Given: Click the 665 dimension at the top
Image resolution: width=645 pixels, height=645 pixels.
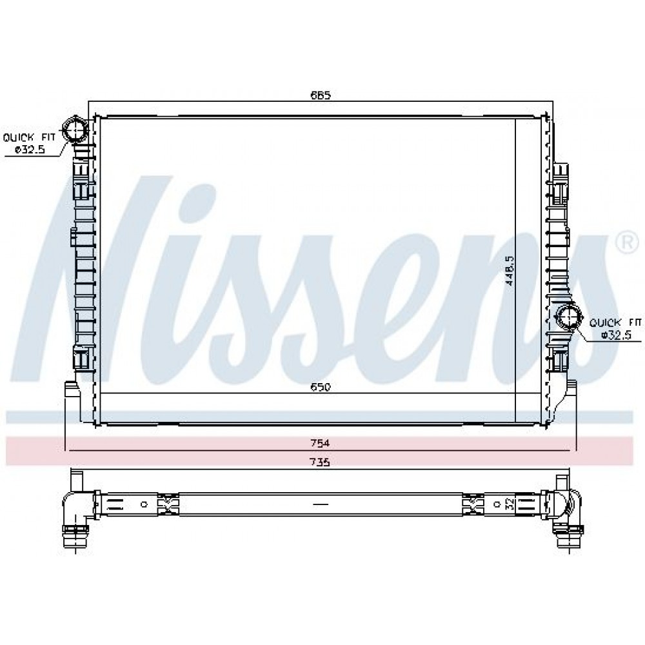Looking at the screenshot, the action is (321, 95).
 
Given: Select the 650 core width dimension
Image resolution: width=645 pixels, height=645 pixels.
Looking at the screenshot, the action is (321, 386).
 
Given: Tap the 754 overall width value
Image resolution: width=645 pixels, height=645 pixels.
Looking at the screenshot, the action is (320, 443).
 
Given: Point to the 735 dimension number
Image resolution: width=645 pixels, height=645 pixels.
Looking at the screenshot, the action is (320, 462).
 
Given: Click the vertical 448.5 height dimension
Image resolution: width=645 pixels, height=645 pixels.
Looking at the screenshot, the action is (510, 270).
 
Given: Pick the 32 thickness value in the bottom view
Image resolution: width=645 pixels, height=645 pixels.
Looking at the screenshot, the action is (510, 504).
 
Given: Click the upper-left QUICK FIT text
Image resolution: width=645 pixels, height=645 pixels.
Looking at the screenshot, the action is (29, 137).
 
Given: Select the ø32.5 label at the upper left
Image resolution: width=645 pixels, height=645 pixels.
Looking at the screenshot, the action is (30, 150).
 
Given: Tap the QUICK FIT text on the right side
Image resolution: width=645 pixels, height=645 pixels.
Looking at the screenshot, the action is (615, 322).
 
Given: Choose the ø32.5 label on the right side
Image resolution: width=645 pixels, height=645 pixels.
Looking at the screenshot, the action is (616, 335).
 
